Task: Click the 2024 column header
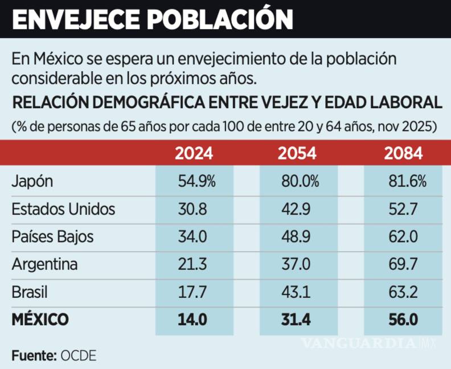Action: tap(194, 153)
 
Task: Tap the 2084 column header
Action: tap(403, 153)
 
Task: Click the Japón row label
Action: tap(32, 182)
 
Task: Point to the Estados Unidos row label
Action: tap(63, 210)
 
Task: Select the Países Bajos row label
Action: tap(52, 237)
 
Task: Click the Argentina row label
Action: tap(44, 265)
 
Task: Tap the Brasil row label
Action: tap(30, 293)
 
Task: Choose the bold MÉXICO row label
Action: tap(40, 320)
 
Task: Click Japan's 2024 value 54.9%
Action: tap(194, 182)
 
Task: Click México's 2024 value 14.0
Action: tap(192, 320)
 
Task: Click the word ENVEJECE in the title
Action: tap(74, 19)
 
